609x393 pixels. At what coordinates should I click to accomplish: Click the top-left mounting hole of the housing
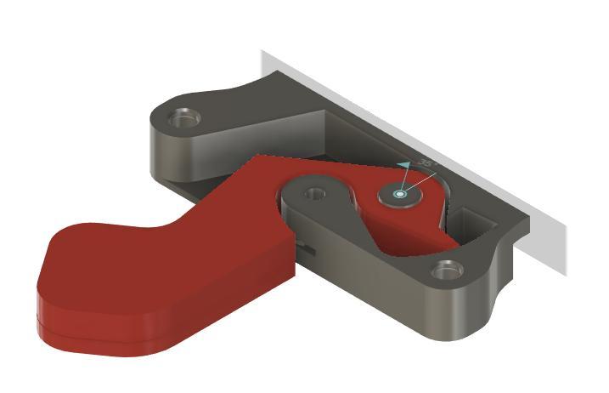(x=183, y=117)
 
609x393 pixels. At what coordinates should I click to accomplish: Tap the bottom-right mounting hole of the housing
(x=446, y=271)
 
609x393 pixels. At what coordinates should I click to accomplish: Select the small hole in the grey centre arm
(x=316, y=193)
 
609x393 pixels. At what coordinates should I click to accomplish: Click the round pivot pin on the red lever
(x=401, y=196)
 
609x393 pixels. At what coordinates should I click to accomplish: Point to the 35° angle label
(x=426, y=163)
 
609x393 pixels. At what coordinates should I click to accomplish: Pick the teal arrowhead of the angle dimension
(x=404, y=164)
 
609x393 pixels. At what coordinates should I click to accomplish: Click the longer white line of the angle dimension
(x=421, y=183)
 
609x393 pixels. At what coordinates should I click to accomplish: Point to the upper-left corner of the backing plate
(x=263, y=53)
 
